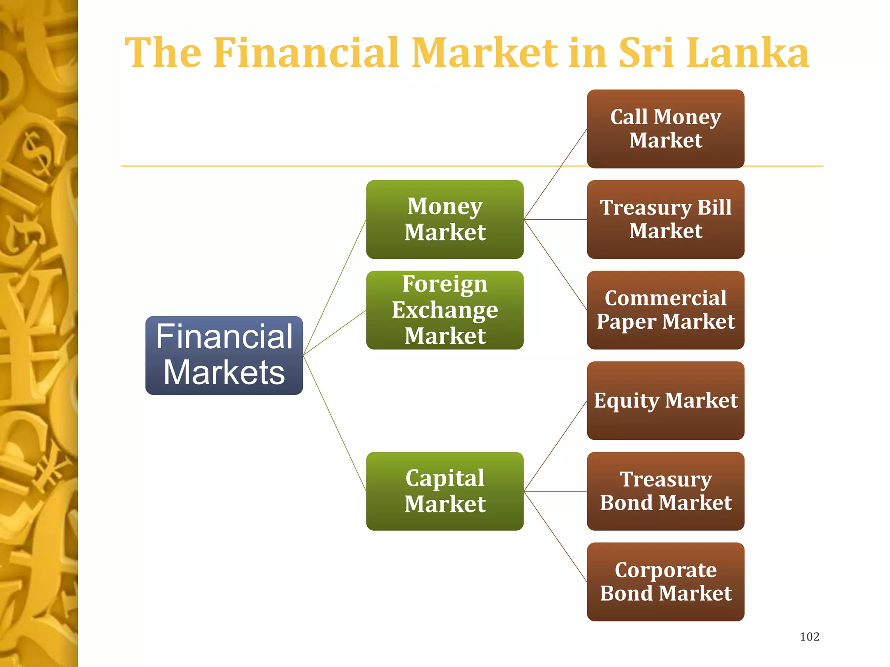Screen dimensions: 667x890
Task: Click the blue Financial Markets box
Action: click(x=224, y=355)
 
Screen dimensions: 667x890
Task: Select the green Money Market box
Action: click(x=445, y=219)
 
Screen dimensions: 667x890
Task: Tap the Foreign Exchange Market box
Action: click(x=445, y=310)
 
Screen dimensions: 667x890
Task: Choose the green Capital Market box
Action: click(x=445, y=491)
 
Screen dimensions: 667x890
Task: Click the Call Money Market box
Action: click(x=665, y=129)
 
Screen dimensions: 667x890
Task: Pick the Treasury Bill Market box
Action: click(x=665, y=219)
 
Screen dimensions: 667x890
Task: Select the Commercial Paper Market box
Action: click(x=665, y=310)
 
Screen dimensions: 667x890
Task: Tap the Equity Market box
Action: click(x=665, y=400)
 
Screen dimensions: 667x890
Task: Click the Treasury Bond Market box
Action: click(x=665, y=491)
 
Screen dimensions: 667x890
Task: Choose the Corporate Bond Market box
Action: click(x=665, y=581)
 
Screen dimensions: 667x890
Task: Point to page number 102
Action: click(x=809, y=637)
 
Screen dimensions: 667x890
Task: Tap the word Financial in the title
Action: click(x=306, y=53)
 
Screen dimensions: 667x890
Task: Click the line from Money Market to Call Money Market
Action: click(x=555, y=174)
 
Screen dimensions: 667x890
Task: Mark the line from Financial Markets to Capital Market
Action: click(x=335, y=423)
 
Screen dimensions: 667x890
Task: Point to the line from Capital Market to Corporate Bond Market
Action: click(x=555, y=536)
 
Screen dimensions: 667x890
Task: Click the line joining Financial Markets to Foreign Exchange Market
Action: click(x=335, y=332)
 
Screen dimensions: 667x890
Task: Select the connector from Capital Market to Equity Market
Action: click(x=555, y=446)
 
